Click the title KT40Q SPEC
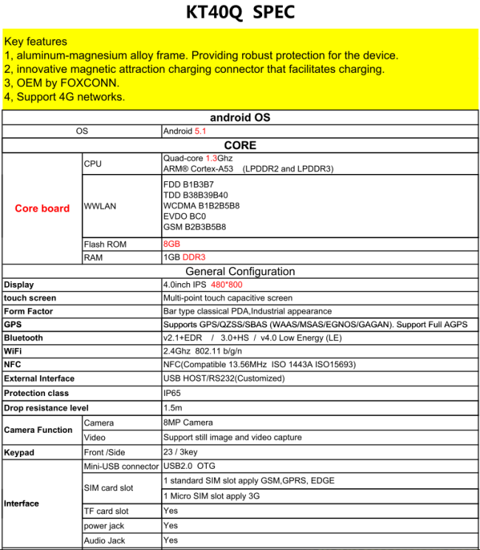click(x=239, y=13)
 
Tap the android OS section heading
click(x=240, y=118)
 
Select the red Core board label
click(x=42, y=209)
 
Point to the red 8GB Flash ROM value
click(x=171, y=244)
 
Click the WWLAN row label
click(x=100, y=206)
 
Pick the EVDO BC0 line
click(x=185, y=216)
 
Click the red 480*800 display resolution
click(x=226, y=285)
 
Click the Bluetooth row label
click(x=24, y=338)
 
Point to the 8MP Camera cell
click(x=188, y=422)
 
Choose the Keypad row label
click(x=19, y=452)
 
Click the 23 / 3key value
click(x=180, y=452)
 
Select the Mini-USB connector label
click(x=121, y=467)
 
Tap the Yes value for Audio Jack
click(x=171, y=540)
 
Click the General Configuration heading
click(x=240, y=271)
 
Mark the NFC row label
click(x=13, y=364)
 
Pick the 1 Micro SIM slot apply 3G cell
click(x=211, y=496)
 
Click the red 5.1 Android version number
click(x=200, y=131)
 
